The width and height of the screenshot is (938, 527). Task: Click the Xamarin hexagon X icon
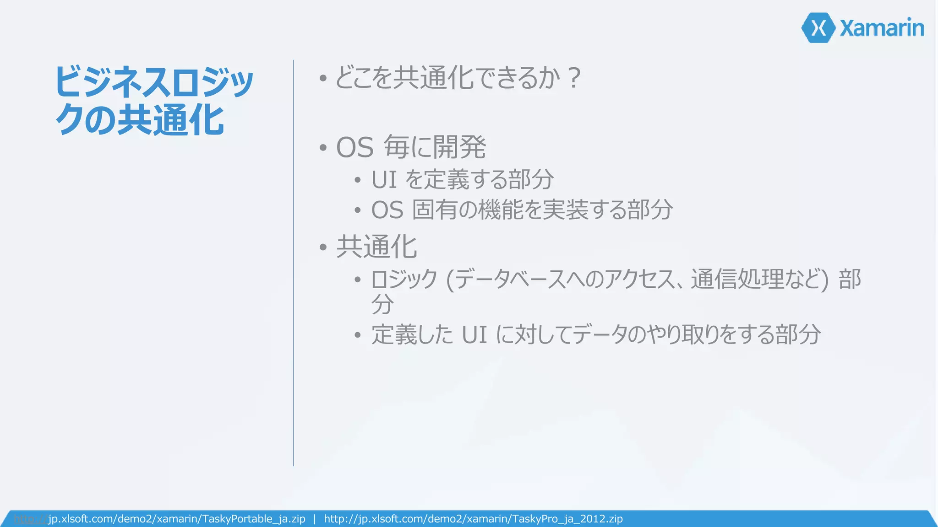[818, 28]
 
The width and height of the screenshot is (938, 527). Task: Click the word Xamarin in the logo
[882, 28]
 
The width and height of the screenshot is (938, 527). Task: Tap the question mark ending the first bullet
[573, 78]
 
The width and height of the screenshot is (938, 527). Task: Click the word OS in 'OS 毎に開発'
[355, 148]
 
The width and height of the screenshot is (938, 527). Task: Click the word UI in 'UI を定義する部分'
[384, 179]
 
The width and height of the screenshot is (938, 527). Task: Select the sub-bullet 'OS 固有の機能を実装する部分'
[522, 210]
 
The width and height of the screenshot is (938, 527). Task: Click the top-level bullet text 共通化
[376, 247]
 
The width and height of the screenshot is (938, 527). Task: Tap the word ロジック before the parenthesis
[404, 279]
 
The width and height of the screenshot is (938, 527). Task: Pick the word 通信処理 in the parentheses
[737, 279]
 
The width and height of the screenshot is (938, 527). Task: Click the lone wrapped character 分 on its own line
[382, 304]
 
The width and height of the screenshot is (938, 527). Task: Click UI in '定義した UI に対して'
[474, 334]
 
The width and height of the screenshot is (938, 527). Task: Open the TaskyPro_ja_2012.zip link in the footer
[473, 519]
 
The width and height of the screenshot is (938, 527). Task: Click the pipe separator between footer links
[315, 519]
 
